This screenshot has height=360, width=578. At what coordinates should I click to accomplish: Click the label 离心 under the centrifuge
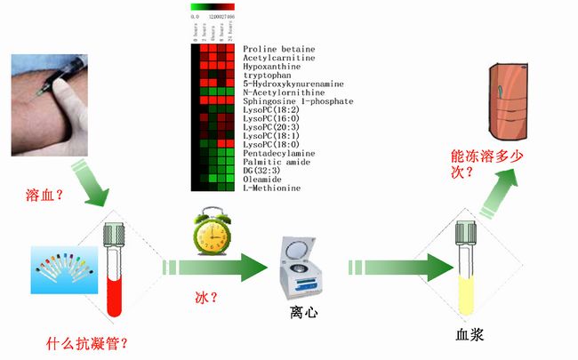point(303,313)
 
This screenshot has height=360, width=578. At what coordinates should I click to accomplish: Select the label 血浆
point(469,335)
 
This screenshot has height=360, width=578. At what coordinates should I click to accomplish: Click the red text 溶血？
point(47,195)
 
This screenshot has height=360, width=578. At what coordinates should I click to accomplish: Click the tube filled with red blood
point(113,271)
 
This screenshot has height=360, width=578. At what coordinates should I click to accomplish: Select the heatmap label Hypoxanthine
point(271,67)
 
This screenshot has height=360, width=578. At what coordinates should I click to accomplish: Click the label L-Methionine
point(271,188)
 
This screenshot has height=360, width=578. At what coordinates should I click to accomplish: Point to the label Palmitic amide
point(274,162)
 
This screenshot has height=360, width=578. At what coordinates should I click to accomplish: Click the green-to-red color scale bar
point(213,7)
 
